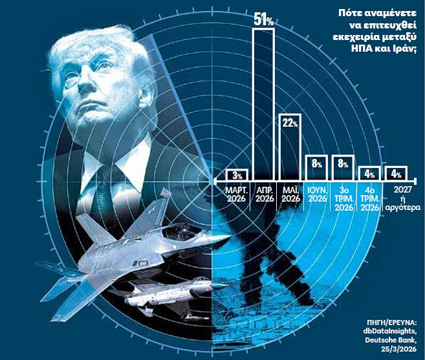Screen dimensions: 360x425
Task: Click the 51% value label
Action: pos(263,20)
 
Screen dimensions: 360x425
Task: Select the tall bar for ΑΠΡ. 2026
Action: pos(263,103)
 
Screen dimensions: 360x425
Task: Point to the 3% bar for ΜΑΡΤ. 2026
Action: pos(237,175)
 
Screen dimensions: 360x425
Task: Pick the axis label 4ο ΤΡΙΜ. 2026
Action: pos(369,198)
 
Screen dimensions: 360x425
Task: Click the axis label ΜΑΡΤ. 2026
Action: pos(237,194)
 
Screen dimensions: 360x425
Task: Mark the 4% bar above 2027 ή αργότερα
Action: pos(395,174)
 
